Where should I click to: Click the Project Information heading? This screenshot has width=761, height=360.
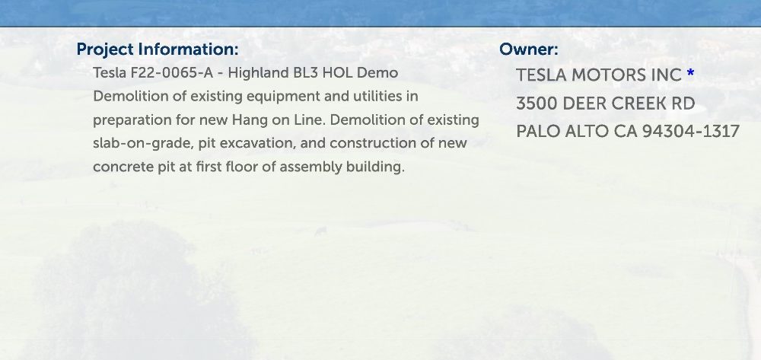click(158, 49)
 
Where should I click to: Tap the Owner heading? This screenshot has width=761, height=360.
click(529, 49)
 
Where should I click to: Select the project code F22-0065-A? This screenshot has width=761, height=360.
click(172, 73)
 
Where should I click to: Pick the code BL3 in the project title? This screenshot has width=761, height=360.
click(305, 73)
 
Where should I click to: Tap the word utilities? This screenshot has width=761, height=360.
click(377, 96)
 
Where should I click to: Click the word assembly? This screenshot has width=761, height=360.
click(310, 167)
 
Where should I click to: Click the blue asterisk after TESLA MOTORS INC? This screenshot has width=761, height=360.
click(691, 73)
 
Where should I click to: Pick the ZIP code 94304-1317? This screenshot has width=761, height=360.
click(691, 132)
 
